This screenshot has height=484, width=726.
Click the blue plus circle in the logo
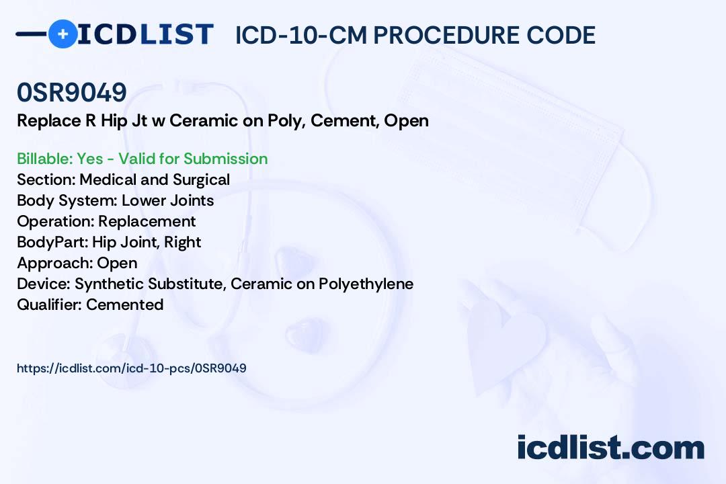63,34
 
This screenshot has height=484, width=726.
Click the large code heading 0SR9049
72,92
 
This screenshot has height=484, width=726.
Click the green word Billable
44,159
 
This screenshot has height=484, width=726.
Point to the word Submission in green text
225,159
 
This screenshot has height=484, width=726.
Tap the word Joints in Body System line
191,200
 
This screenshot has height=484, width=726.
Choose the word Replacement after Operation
147,221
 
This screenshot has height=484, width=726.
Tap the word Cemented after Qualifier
124,305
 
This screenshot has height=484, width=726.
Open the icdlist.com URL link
132,368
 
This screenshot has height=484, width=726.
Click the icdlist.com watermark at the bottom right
610,447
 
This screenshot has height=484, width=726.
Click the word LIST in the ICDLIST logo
176,34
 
